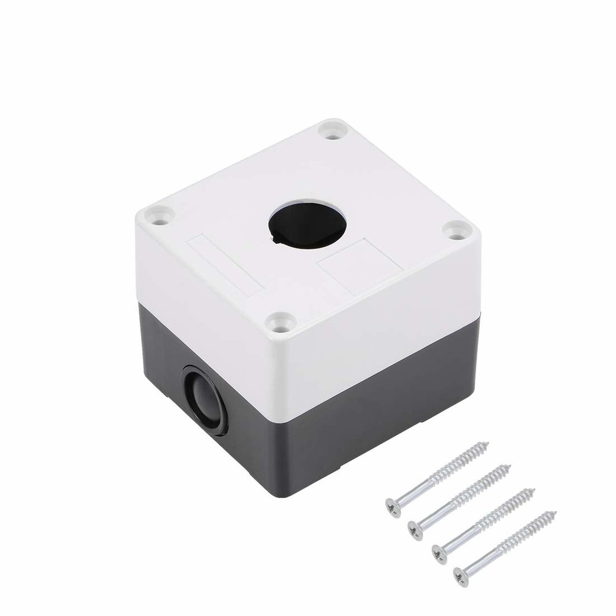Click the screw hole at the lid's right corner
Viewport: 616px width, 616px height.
456,231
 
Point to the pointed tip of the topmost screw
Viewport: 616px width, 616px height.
488,442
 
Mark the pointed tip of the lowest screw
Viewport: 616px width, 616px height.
556,512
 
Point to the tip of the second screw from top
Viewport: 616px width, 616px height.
509,466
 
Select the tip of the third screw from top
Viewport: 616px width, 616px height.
533,490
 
